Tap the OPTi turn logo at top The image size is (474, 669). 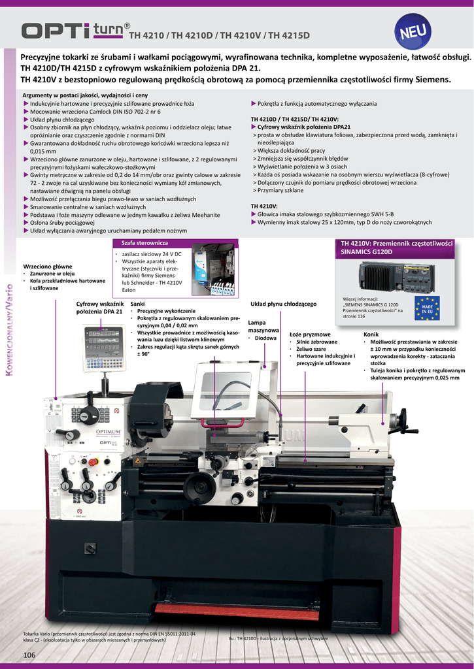(x=73, y=31)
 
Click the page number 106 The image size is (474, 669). (x=29, y=655)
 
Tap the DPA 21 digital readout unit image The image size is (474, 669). (x=103, y=348)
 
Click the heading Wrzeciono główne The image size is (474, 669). (x=48, y=267)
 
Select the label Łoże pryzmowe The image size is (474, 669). (x=310, y=334)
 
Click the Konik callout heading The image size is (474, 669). (x=371, y=334)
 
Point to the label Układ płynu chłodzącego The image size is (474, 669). (x=283, y=304)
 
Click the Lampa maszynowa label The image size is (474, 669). (x=263, y=326)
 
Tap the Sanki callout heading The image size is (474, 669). (x=138, y=304)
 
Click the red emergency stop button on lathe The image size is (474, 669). (x=92, y=462)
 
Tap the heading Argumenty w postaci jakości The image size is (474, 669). (x=85, y=95)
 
